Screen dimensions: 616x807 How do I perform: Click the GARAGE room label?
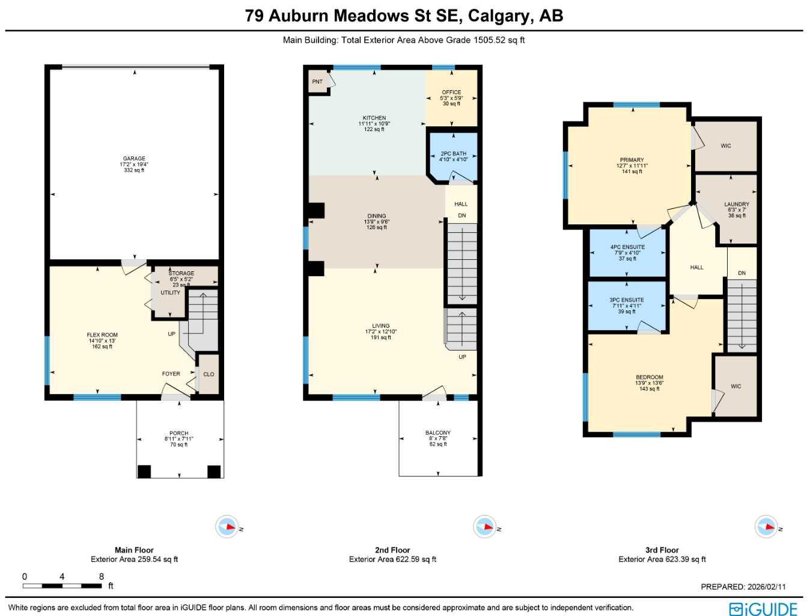click(134, 159)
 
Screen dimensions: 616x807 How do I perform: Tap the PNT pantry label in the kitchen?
click(317, 82)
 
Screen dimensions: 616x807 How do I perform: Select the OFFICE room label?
click(451, 93)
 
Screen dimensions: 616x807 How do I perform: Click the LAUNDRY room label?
click(736, 205)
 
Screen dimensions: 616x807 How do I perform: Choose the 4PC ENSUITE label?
click(627, 247)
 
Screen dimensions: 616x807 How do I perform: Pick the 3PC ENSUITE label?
click(627, 300)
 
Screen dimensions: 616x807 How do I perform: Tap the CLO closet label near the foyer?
click(209, 374)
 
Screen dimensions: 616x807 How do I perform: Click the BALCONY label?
click(437, 433)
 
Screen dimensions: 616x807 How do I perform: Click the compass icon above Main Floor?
click(227, 527)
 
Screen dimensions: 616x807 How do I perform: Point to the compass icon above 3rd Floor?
click(766, 527)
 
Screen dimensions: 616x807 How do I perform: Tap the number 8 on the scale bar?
click(101, 576)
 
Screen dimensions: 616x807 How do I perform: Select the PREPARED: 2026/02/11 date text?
click(743, 587)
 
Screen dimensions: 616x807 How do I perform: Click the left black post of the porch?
click(144, 472)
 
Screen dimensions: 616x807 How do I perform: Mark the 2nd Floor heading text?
click(392, 550)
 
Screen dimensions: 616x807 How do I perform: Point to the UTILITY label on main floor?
click(170, 293)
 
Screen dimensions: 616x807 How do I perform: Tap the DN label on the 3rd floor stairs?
click(742, 273)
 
